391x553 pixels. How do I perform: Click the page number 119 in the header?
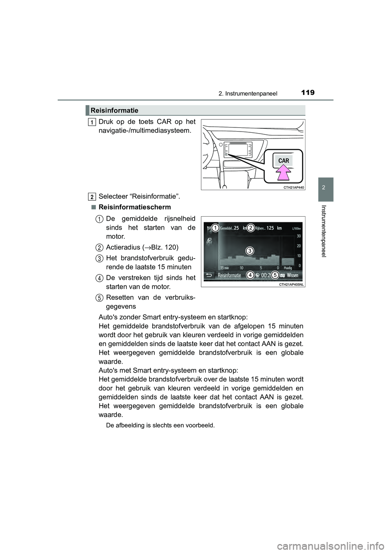point(308,92)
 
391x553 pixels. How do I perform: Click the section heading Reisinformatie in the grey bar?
point(114,110)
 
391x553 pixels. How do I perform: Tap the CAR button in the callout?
point(283,161)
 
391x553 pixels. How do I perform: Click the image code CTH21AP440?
point(293,187)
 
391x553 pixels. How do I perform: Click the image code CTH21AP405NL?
point(291,285)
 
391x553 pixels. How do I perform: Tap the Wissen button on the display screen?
point(292,275)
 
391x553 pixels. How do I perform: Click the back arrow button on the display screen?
point(209,275)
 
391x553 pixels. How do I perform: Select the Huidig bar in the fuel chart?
point(288,262)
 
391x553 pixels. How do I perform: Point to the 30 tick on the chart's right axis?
point(299,236)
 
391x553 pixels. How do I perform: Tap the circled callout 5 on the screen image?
point(275,275)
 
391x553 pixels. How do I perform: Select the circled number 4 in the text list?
point(100,278)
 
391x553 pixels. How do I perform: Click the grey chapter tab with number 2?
point(326,189)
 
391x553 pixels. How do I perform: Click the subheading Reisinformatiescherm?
point(135,207)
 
